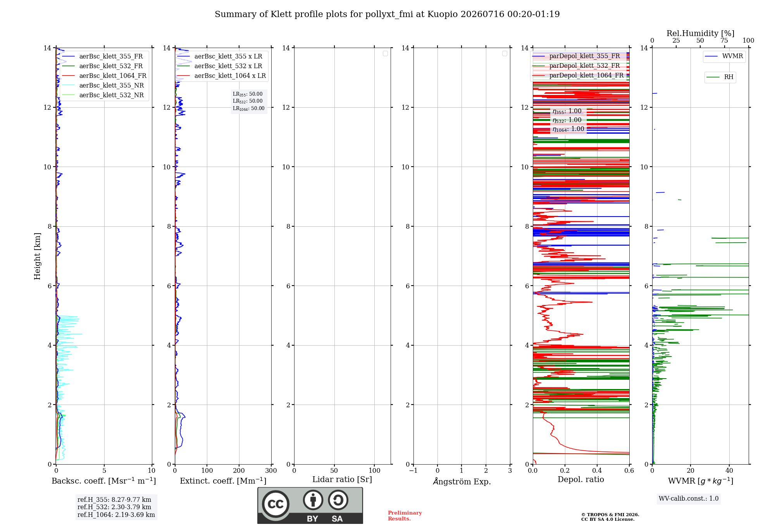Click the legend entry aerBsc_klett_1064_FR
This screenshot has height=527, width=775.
click(104, 76)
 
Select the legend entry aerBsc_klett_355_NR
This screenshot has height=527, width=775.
click(103, 86)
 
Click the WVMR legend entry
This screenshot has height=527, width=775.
click(724, 56)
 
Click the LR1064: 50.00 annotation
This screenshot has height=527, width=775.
click(249, 108)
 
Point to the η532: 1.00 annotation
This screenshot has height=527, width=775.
click(567, 120)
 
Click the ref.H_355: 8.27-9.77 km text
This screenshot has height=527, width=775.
click(114, 500)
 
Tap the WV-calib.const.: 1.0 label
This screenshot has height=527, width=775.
click(689, 499)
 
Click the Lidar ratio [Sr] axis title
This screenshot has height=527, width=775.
click(342, 480)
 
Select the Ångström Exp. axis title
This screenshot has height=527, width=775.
click(462, 481)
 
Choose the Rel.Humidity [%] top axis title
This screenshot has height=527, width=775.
click(701, 33)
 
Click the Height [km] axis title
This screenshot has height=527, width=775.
click(37, 256)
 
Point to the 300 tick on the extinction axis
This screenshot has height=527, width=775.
click(271, 471)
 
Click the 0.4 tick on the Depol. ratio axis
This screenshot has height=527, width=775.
click(597, 471)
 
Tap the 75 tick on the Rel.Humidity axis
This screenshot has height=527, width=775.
click(724, 41)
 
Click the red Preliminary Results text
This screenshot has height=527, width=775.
click(405, 516)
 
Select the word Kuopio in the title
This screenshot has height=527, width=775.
click(440, 14)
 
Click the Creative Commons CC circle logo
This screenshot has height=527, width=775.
click(276, 504)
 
